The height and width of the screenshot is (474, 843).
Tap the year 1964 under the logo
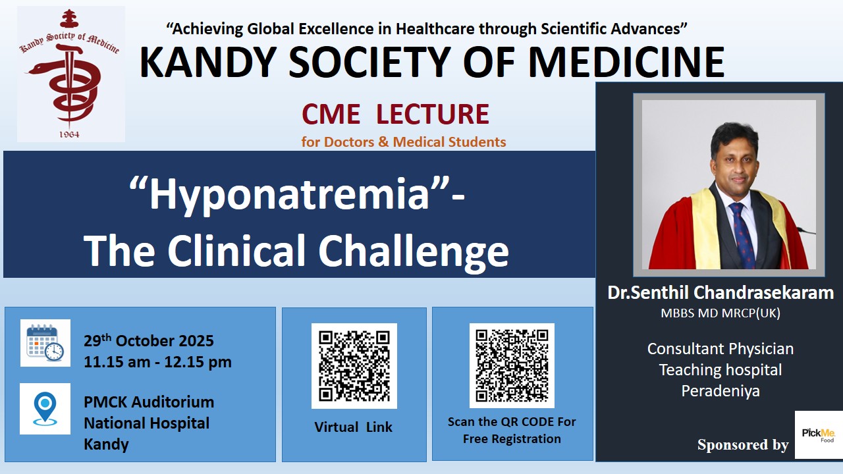(69, 134)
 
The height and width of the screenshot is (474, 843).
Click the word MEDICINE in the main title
(626, 62)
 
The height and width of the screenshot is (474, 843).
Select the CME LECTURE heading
(395, 114)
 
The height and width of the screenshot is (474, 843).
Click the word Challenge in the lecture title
(414, 250)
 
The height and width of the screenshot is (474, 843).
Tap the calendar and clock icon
(45, 343)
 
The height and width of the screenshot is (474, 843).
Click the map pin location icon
(45, 409)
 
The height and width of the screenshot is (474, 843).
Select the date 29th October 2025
(149, 340)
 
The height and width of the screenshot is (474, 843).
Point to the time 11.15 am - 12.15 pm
(157, 362)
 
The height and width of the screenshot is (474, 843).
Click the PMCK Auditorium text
(149, 402)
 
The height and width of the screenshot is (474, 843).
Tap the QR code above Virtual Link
(354, 365)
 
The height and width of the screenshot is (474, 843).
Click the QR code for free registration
(512, 365)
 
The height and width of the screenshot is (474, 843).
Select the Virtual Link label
(354, 427)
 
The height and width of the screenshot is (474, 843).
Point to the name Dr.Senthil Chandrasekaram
(721, 293)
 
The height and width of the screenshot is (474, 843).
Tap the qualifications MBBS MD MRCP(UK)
(721, 313)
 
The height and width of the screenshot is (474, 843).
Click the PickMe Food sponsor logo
(819, 434)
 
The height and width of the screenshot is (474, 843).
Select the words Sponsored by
(743, 444)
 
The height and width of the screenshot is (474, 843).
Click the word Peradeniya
(721, 391)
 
